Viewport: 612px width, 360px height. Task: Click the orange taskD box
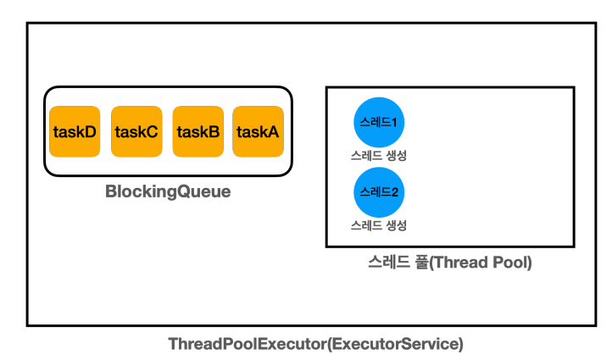click(75, 131)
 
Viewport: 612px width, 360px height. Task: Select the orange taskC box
click(136, 131)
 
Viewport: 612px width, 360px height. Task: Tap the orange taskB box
click(198, 131)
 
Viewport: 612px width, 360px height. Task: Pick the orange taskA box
click(258, 131)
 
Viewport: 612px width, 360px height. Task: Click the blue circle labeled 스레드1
click(379, 123)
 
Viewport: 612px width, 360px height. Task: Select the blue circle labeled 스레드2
click(379, 192)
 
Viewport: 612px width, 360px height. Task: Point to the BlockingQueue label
click(168, 192)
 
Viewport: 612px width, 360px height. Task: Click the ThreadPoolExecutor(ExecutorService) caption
click(316, 344)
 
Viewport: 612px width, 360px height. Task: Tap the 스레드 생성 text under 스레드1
click(379, 156)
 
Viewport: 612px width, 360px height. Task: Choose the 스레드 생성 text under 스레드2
click(379, 225)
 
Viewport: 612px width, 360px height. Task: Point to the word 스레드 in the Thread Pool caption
click(389, 262)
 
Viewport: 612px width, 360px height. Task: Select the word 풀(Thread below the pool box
click(452, 263)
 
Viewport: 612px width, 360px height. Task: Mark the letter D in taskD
click(90, 132)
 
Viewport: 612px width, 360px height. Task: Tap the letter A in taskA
click(272, 132)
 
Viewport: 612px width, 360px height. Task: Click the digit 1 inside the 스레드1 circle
click(394, 123)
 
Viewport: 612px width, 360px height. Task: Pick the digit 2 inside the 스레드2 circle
click(394, 192)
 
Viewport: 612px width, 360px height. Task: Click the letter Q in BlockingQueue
click(184, 191)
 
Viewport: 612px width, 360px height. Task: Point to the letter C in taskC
click(152, 132)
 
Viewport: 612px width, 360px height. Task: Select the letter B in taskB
click(214, 132)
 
